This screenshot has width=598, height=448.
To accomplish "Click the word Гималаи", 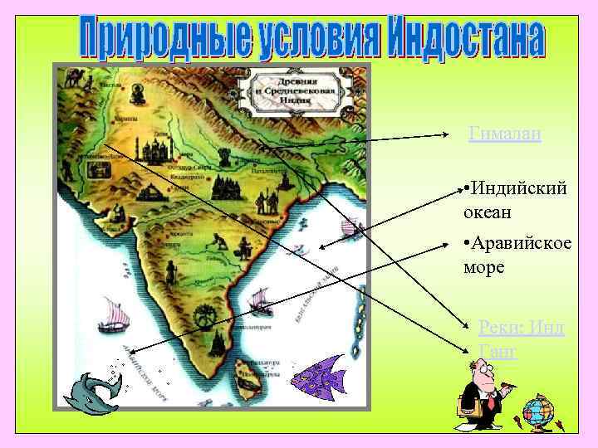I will tap(505, 134).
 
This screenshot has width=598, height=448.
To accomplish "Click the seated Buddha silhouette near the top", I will tap(135, 95).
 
